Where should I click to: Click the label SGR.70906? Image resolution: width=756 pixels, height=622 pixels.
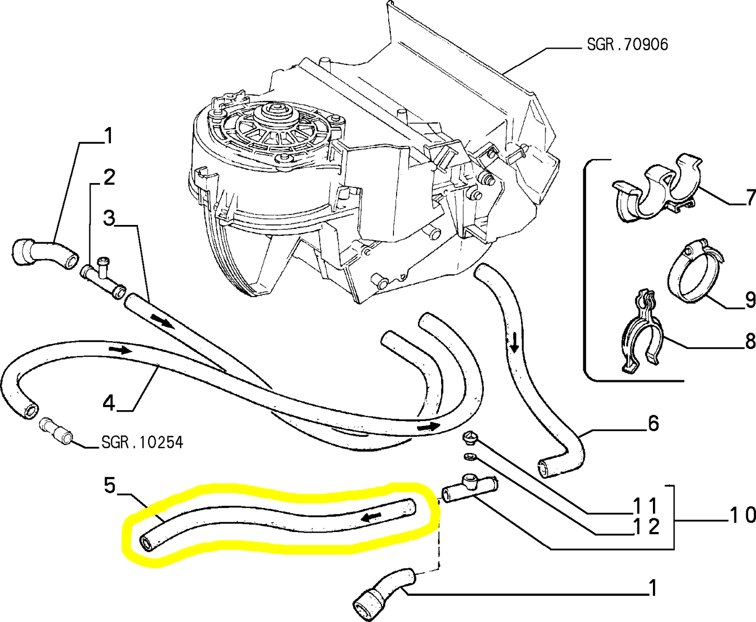pyautogui.click(x=627, y=44)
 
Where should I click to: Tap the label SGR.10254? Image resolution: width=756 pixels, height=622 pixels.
pyautogui.click(x=142, y=443)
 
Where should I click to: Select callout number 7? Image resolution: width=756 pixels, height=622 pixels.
pyautogui.click(x=750, y=198)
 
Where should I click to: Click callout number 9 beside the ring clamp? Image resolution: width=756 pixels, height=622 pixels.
pyautogui.click(x=750, y=300)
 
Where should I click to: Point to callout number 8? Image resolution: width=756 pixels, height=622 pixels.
pyautogui.click(x=750, y=342)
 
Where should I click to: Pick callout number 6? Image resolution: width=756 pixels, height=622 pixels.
pyautogui.click(x=653, y=423)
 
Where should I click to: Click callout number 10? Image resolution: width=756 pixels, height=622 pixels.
pyautogui.click(x=742, y=515)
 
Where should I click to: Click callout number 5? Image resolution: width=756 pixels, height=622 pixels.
pyautogui.click(x=109, y=486)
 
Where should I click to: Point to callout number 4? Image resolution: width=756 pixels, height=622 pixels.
pyautogui.click(x=108, y=403)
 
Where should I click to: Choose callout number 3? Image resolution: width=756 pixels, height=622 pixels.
pyautogui.click(x=108, y=218)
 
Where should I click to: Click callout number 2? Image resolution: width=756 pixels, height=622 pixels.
pyautogui.click(x=108, y=178)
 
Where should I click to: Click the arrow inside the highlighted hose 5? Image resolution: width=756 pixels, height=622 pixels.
pyautogui.click(x=372, y=517)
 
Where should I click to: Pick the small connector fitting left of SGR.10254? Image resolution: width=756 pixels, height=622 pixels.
pyautogui.click(x=55, y=431)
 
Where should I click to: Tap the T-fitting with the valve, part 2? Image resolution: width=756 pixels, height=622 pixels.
pyautogui.click(x=103, y=275)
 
